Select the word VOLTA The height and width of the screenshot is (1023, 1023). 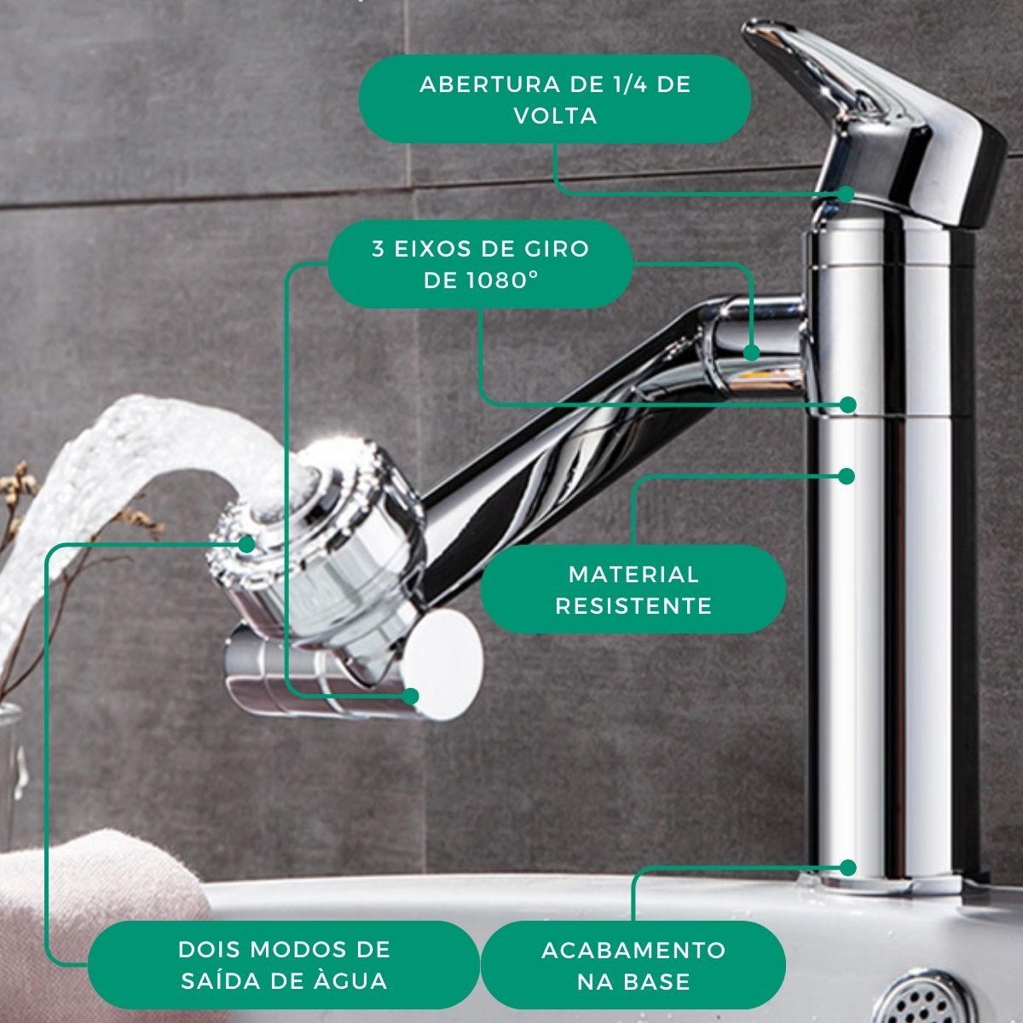556,116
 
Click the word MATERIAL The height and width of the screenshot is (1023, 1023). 633,575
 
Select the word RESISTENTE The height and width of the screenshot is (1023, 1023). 633,606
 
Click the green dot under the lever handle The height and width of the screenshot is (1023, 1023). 846,194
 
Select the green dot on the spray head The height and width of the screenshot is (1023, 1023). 246,544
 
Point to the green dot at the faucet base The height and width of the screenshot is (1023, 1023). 847,868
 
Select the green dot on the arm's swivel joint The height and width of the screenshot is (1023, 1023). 752,352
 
